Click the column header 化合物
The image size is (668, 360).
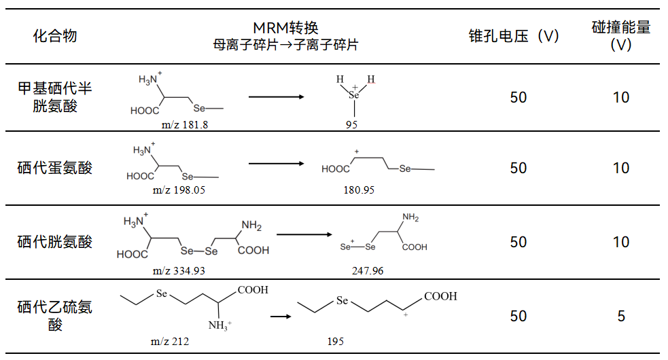tap(55, 36)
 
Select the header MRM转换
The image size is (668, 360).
tap(285, 28)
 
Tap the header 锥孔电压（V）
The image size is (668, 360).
tap(514, 36)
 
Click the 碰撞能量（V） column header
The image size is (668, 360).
tap(620, 36)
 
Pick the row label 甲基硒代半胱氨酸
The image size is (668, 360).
tap(55, 97)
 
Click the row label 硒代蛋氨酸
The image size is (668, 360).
tap(55, 168)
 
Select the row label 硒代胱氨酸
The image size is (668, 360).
tap(55, 242)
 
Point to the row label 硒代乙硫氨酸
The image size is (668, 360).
tap(55, 316)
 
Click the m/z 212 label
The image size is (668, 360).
tap(169, 341)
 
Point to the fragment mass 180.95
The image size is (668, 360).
tap(359, 190)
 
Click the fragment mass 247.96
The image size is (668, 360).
tap(368, 270)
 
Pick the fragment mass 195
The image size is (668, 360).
tap(335, 341)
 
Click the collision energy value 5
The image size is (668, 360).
tap(620, 316)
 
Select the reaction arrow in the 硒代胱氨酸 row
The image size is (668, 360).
tap(304, 234)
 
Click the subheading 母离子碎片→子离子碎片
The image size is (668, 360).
tap(285, 46)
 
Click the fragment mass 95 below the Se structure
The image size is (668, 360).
tap(351, 124)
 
